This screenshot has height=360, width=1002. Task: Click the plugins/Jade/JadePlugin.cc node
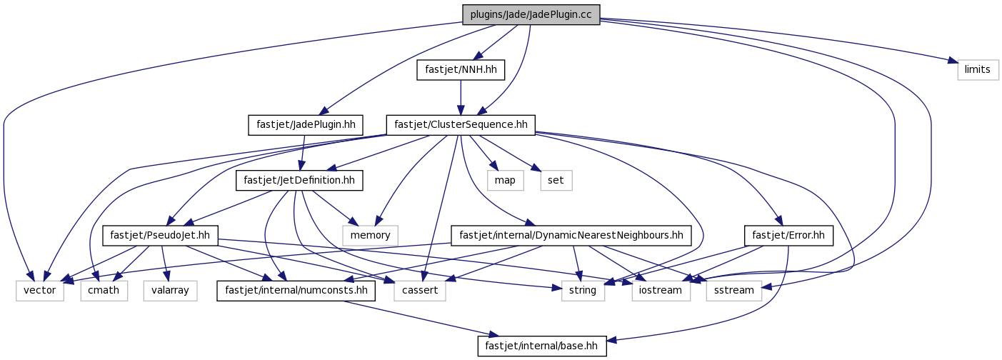pyautogui.click(x=531, y=15)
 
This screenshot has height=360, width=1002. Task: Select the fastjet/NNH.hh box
pyautogui.click(x=461, y=70)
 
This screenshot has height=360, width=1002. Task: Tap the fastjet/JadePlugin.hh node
pyautogui.click(x=306, y=125)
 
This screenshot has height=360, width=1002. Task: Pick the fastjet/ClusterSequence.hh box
pyautogui.click(x=461, y=125)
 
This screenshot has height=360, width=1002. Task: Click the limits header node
pyautogui.click(x=978, y=70)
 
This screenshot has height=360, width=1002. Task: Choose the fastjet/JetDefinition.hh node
pyautogui.click(x=299, y=180)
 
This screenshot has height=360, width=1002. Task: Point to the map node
pyautogui.click(x=505, y=180)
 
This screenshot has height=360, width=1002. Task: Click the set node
pyautogui.click(x=556, y=180)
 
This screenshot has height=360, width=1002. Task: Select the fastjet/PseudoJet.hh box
pyautogui.click(x=160, y=235)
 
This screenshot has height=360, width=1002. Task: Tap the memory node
pyautogui.click(x=371, y=235)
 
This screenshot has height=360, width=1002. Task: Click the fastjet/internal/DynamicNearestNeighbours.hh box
pyautogui.click(x=571, y=235)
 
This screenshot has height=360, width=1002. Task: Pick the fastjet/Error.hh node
pyautogui.click(x=788, y=235)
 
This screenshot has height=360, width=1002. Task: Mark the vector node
pyautogui.click(x=40, y=291)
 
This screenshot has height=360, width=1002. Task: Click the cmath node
pyautogui.click(x=104, y=291)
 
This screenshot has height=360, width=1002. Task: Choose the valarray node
pyautogui.click(x=170, y=291)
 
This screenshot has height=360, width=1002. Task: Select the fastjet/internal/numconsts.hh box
pyautogui.click(x=296, y=291)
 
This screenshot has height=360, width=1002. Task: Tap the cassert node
pyautogui.click(x=420, y=291)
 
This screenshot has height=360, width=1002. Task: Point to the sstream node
pyautogui.click(x=734, y=291)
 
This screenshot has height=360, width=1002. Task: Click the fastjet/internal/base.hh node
pyautogui.click(x=541, y=346)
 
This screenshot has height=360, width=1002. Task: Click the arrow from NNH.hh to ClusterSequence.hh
pyautogui.click(x=461, y=97)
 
